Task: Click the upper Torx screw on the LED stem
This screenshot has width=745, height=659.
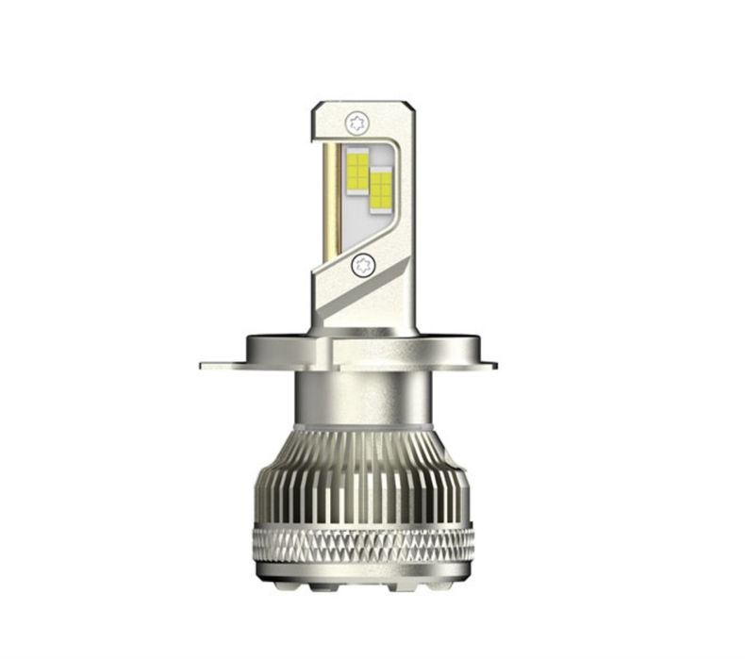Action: (x=356, y=122)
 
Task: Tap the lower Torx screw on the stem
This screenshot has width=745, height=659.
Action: (x=361, y=266)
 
